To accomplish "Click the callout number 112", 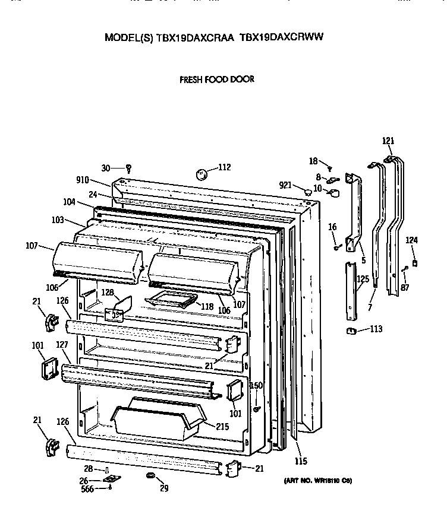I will pos(223,167).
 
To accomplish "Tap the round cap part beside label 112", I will pos(202,174).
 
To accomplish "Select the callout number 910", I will pos(83,180).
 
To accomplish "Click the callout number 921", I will pos(285,186).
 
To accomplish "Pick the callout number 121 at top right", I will pos(388,141).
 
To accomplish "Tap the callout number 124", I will pos(412,240).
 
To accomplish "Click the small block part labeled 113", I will pos(351,330).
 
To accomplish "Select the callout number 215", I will pos(222,426).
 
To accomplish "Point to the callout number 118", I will pos(207,306).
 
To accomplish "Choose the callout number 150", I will pos(256,386).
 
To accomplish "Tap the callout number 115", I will pos(301,461).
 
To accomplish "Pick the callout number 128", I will pos(107,292).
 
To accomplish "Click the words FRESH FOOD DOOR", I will pos(217,79).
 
